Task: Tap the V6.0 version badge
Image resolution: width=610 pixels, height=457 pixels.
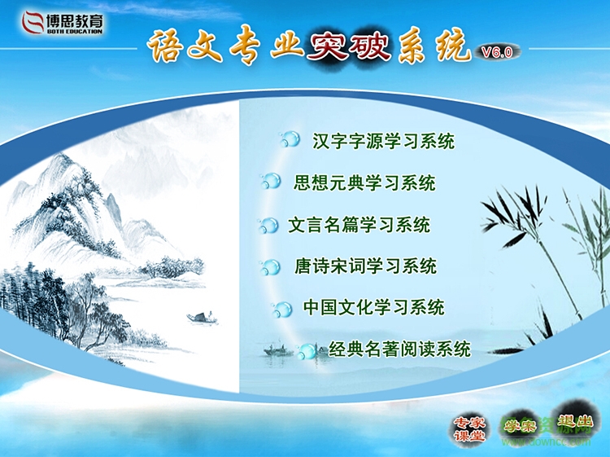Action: coord(496,52)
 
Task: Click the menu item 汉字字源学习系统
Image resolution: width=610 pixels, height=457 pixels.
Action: coord(383,141)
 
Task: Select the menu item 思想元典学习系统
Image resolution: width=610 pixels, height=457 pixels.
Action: coord(364,182)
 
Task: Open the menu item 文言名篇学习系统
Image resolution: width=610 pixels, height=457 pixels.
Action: coord(359,225)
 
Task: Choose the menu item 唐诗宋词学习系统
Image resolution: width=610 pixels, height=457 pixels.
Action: coord(365,266)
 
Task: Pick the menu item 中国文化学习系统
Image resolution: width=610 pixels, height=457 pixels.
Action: coord(373,308)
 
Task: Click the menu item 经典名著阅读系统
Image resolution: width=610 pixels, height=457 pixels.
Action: coord(399,350)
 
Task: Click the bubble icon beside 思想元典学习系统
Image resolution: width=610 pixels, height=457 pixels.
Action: coord(270,182)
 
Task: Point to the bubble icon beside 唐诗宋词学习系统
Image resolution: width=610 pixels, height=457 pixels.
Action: coord(270,266)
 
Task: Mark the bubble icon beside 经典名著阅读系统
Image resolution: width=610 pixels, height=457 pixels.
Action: coord(307,351)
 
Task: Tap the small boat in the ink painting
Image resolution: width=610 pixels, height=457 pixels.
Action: coord(202,318)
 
